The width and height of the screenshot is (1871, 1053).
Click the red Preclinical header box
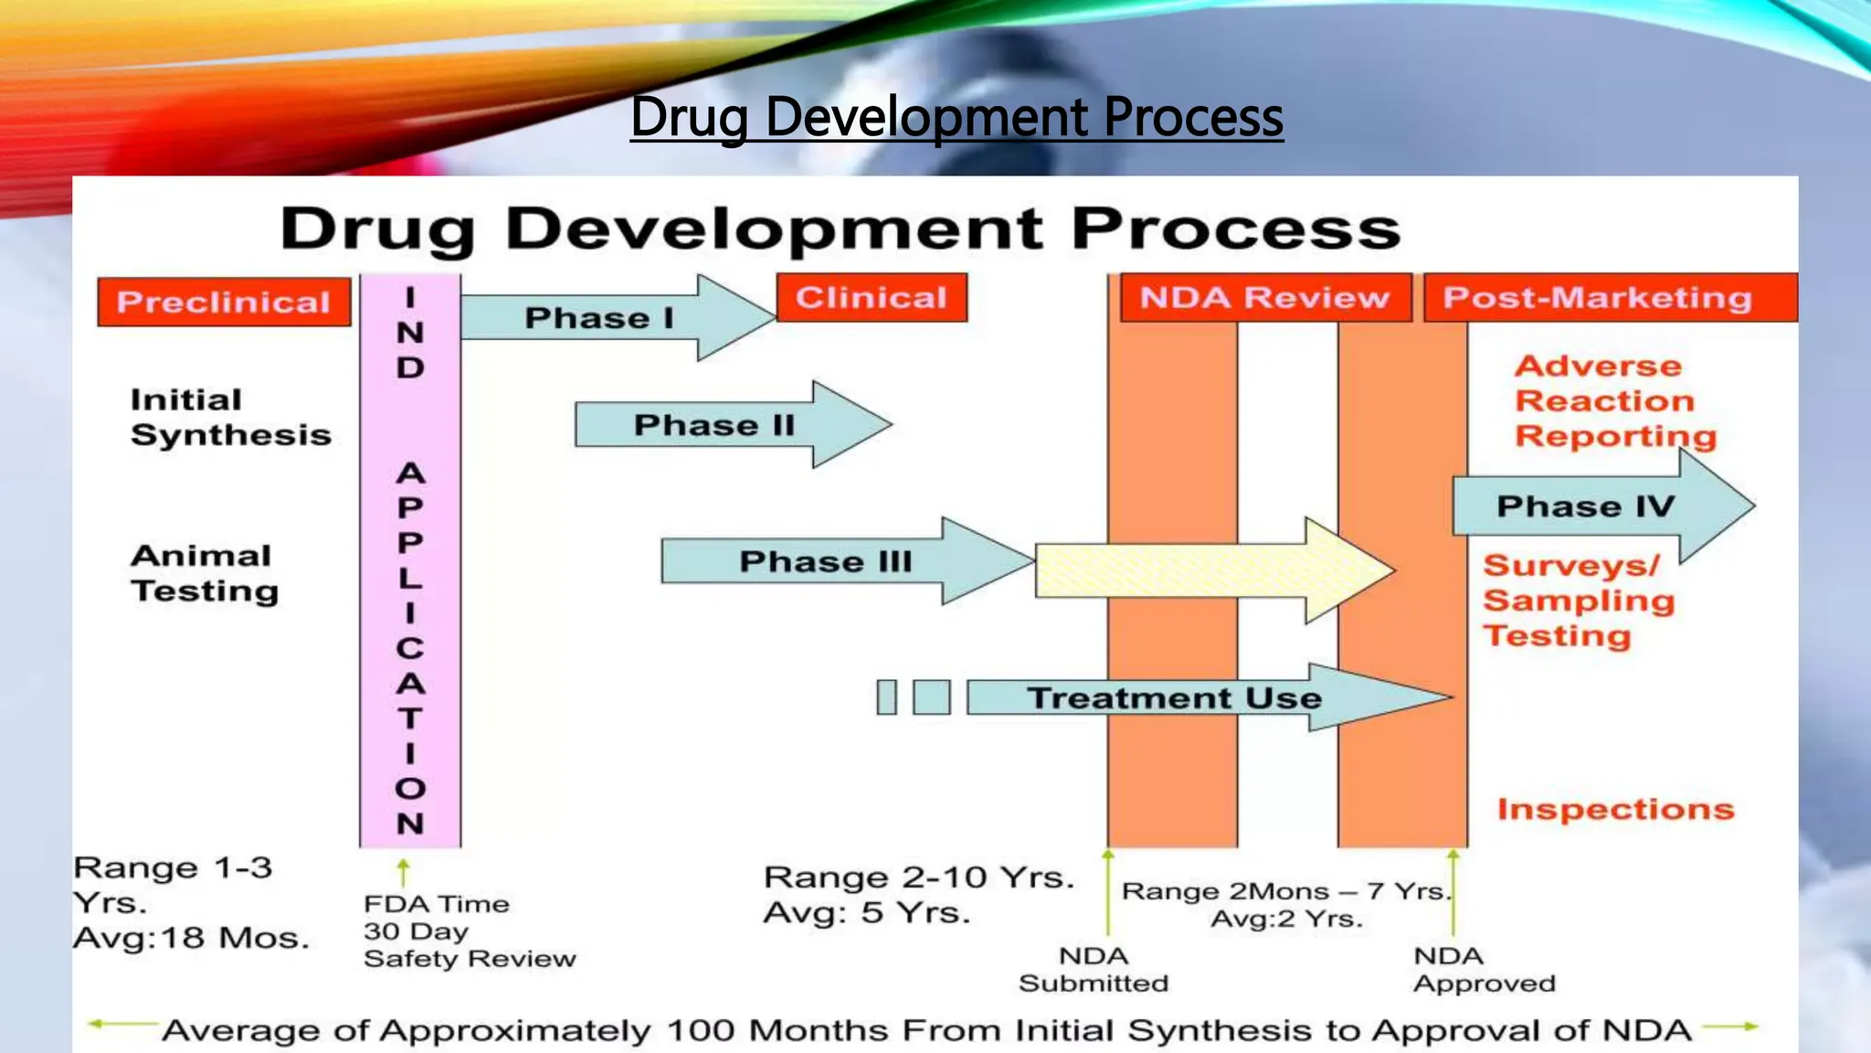point(224,302)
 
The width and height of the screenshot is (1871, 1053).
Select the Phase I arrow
point(603,318)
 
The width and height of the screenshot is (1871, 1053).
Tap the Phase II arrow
point(717,425)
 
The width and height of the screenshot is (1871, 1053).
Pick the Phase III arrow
point(827,561)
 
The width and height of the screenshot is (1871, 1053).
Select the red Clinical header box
point(872,297)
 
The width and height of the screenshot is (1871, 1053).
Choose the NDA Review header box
point(1264,297)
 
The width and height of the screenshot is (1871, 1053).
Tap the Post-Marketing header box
point(1599,298)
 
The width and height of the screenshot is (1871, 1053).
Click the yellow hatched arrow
point(1206,570)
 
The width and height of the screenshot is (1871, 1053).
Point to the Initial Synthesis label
point(230,417)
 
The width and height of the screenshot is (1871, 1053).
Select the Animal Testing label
point(205,573)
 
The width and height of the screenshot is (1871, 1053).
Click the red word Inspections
point(1615,809)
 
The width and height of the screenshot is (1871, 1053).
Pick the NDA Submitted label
point(1094,969)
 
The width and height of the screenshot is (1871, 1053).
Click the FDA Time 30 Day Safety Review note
point(469,931)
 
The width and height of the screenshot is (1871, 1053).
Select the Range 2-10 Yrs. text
point(918,877)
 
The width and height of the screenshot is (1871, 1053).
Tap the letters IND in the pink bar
point(410,333)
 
